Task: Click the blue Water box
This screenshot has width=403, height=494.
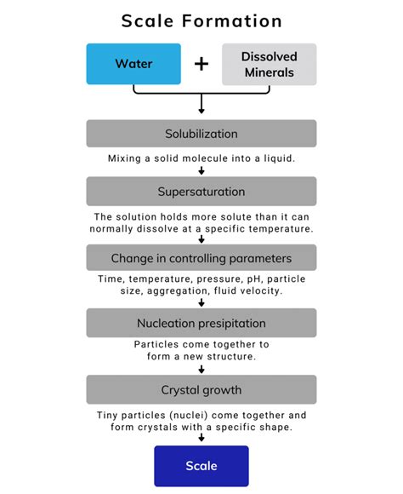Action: point(133,64)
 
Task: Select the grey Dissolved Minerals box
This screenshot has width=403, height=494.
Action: point(269,64)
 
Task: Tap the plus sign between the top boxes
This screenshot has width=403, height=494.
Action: point(201,64)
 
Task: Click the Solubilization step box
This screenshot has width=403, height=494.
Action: point(201,134)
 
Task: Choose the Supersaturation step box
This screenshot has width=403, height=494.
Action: point(201,191)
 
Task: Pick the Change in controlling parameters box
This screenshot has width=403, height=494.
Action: point(201,258)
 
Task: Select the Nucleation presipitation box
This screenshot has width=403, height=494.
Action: point(201,323)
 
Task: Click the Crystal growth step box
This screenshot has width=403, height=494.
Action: point(201,389)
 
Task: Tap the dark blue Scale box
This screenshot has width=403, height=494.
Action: point(201,466)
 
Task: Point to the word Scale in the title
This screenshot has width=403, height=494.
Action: point(148,20)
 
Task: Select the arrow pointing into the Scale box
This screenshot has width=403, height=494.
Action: point(201,438)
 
